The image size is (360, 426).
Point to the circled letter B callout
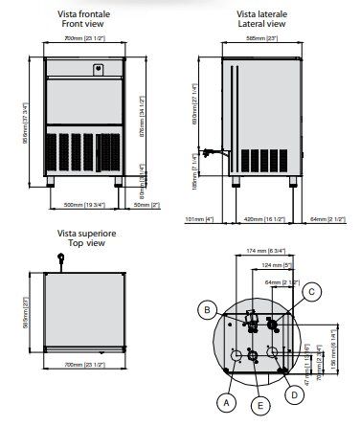(205, 309)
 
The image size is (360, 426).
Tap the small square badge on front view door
(98, 68)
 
